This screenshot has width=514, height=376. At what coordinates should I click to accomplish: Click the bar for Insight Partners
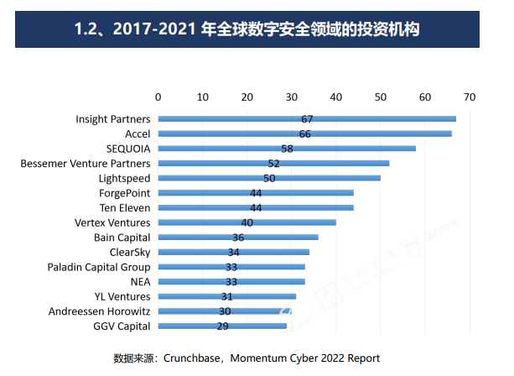[x=377, y=119]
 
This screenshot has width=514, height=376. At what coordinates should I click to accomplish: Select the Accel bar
[x=377, y=133]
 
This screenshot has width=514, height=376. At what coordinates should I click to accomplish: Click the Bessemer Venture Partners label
[x=86, y=163]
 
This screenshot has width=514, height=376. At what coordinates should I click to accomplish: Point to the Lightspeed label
[x=124, y=178]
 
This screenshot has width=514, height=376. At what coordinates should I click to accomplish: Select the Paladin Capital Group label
[x=99, y=267]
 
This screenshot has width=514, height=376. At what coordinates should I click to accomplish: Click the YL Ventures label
[x=122, y=296]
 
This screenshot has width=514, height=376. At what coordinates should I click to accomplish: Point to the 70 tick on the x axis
[x=469, y=97]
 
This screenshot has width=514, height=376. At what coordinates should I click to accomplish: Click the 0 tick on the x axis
[x=158, y=97]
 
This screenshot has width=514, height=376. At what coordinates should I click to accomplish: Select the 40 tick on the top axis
[x=335, y=97]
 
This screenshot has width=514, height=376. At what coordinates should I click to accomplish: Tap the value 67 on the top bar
[x=307, y=119]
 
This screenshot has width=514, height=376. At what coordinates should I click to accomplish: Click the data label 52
[x=273, y=163]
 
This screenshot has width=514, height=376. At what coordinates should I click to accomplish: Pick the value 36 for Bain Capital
[x=238, y=238]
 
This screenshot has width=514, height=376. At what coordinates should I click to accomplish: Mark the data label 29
[x=224, y=326]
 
